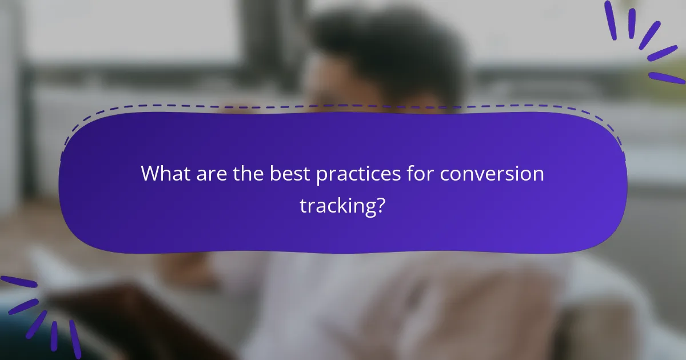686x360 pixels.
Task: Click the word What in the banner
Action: coord(165,173)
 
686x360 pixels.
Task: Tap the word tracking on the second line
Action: coord(336,206)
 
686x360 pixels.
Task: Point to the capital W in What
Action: coord(151,173)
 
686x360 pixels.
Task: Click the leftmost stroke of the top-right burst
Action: coord(611,20)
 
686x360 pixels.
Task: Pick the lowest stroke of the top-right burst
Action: coord(667,78)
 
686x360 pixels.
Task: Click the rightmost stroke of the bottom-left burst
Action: coord(75,338)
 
